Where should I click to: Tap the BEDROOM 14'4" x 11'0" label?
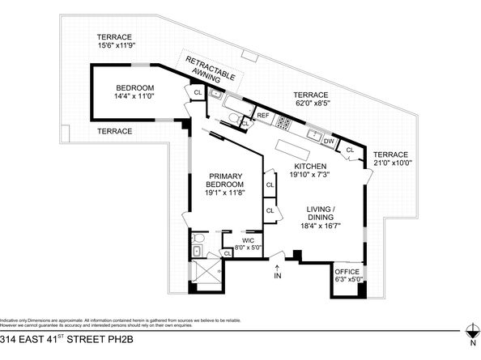134,91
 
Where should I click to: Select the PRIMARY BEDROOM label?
225,185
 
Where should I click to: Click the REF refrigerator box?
263,116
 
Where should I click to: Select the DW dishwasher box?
328,142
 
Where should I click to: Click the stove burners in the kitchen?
284,123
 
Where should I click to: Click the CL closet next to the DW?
351,150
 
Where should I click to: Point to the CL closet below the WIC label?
228,253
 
